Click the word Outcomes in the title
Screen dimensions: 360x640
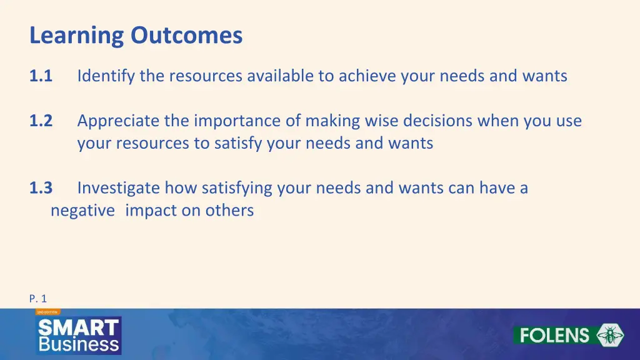(x=186, y=35)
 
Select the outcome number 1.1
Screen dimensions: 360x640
(x=41, y=76)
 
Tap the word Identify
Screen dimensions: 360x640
(x=106, y=76)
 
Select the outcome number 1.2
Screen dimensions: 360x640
(x=41, y=121)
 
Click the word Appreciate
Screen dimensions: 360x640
(x=118, y=121)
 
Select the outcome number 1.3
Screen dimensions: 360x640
(x=41, y=187)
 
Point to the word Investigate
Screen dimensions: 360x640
(x=117, y=188)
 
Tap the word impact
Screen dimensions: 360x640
(x=151, y=211)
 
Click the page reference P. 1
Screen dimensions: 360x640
(x=38, y=299)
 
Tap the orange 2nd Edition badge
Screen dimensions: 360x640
(x=47, y=311)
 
